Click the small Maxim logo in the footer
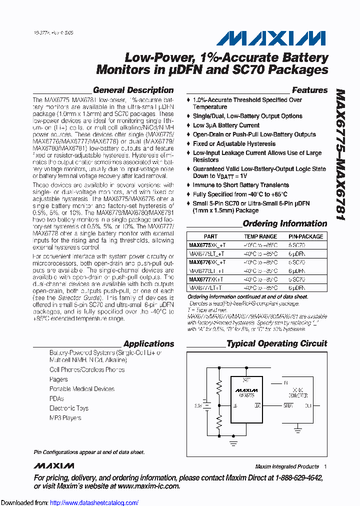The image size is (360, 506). point(54,466)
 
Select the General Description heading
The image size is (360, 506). point(133,90)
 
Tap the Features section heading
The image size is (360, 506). point(309,90)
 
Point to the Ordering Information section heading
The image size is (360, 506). point(284,223)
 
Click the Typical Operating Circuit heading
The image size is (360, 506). point(276,343)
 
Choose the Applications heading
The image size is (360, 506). point(148,343)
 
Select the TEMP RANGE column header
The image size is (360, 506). point(260,236)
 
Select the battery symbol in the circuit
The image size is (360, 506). point(205,405)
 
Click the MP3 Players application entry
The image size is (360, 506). point(65,417)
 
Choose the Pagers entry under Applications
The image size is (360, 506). point(58,379)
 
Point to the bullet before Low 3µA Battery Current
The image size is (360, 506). point(188,125)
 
